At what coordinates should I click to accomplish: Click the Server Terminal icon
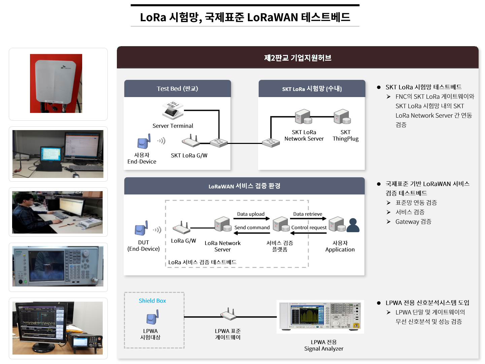point(172,111)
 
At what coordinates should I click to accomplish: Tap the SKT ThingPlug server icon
point(342,117)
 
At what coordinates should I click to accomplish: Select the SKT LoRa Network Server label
point(304,135)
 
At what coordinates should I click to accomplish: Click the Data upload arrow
point(252,218)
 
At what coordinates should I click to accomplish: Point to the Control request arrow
point(309,233)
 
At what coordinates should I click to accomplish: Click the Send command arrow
point(252,233)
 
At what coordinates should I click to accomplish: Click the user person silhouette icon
point(353,225)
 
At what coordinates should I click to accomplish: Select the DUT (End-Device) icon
point(142,228)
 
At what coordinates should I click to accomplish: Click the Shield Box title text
point(152,301)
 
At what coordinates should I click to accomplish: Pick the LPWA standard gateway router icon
point(228,314)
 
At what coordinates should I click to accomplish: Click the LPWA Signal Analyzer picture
point(320,316)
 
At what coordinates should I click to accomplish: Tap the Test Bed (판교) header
point(177,89)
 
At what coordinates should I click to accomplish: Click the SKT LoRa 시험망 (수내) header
point(312,89)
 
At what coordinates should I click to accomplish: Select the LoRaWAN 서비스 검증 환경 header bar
point(244,186)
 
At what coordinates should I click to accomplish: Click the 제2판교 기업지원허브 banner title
point(298,58)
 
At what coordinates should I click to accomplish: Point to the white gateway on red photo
point(56,83)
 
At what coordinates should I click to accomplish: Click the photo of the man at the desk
point(57,212)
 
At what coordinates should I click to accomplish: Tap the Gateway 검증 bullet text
point(413,222)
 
